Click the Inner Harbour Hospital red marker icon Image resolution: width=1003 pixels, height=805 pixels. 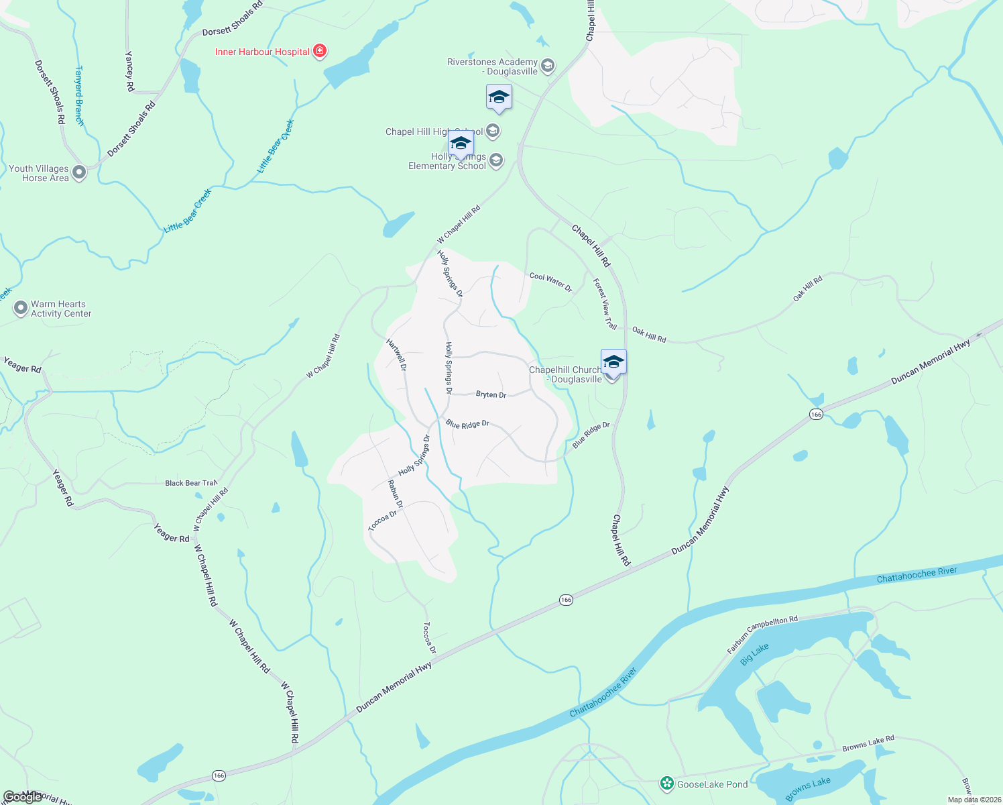[320, 51]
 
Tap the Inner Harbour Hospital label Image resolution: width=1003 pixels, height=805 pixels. [262, 52]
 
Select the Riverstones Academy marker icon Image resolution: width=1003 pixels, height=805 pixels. [548, 65]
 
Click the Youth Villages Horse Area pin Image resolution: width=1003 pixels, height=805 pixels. [79, 172]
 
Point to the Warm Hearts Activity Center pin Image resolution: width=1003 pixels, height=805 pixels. [21, 308]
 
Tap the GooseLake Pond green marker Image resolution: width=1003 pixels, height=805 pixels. [666, 783]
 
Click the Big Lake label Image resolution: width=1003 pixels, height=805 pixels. [754, 654]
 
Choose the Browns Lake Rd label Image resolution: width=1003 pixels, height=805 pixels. [868, 743]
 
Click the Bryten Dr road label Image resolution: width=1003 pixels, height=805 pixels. [491, 394]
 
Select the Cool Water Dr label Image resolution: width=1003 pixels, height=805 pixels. [551, 282]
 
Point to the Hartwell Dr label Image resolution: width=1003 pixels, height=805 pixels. [396, 355]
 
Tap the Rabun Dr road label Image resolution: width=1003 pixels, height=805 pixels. [396, 494]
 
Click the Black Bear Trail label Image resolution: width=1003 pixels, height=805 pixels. [191, 483]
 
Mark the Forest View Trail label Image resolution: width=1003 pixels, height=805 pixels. [605, 304]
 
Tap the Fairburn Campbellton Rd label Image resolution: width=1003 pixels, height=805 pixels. [762, 635]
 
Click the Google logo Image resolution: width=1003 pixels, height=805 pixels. [23, 796]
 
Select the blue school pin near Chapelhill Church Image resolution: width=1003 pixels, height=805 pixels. [613, 362]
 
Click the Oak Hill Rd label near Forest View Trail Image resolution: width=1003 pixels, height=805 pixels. [649, 335]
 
